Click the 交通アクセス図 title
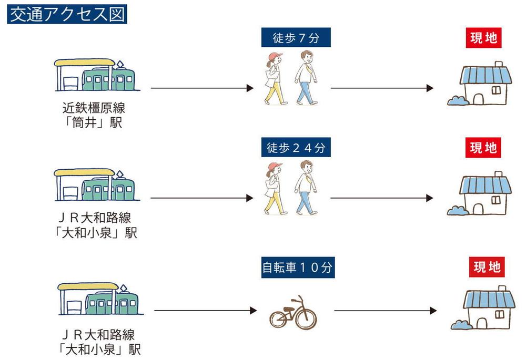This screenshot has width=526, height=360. coord(67,14)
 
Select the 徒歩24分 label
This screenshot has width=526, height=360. coord(296,148)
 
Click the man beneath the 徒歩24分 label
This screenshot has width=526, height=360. coord(306,188)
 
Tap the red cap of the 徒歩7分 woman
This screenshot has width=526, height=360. coord(275,56)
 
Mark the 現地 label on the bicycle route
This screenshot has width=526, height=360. coord(487,267)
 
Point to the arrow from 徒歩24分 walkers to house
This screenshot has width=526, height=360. coord(381,199)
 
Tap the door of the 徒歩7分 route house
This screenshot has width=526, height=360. coord(477,98)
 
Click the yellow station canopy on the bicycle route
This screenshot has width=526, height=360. coord(87,287)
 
